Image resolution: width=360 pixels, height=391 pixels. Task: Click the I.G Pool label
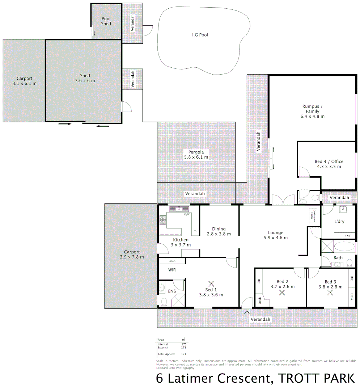click(200, 35)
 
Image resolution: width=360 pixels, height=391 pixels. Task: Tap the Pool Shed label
click(106, 21)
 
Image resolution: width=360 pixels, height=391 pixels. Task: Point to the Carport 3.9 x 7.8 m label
click(132, 255)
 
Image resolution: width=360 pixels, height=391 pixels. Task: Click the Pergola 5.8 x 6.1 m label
click(196, 155)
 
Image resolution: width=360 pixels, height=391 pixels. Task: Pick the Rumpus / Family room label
click(312, 111)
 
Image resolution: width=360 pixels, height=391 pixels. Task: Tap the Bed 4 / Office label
click(329, 164)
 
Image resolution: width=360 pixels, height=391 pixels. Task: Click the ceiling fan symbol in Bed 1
click(211, 284)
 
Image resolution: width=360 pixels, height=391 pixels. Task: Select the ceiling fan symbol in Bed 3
click(330, 293)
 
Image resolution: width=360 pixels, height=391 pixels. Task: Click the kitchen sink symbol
click(179, 209)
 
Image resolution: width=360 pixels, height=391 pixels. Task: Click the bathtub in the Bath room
click(344, 248)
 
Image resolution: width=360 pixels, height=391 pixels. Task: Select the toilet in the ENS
click(164, 301)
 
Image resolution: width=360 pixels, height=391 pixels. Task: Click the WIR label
click(172, 270)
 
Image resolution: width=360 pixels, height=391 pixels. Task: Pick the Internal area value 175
click(183, 344)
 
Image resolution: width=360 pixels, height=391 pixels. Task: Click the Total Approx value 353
click(183, 354)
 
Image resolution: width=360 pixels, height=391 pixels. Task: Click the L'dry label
click(339, 221)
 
